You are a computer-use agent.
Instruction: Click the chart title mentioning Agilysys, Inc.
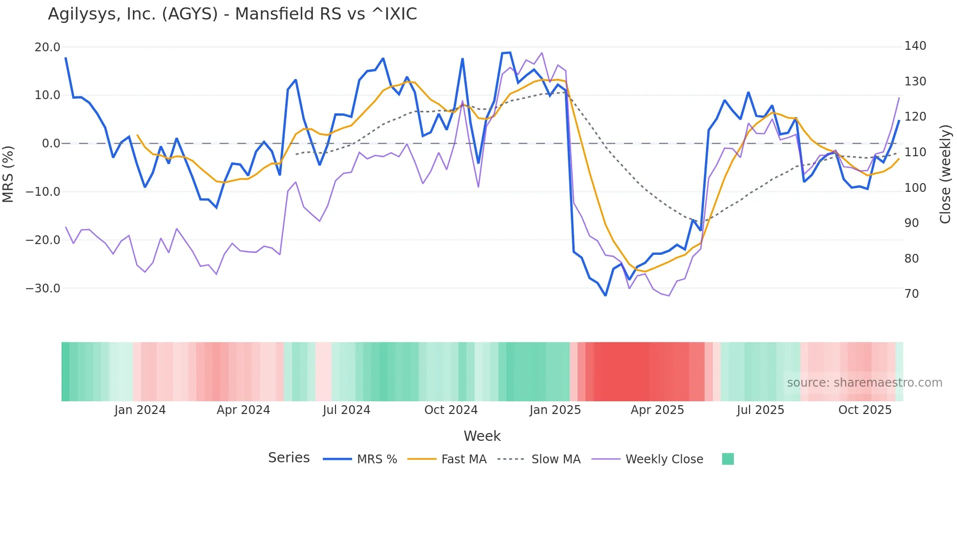pos(232,14)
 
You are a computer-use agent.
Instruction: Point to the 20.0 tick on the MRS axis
pos(47,47)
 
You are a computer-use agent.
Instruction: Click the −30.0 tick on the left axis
pos(43,289)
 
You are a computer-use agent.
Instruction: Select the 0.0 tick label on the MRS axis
pos(51,144)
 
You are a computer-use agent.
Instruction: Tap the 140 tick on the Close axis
pos(915,46)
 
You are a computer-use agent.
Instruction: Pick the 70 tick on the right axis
pos(912,294)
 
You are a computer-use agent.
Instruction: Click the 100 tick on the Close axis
pos(915,188)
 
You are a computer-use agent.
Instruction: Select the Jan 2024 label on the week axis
pos(140,410)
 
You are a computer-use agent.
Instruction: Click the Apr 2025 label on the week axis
pos(657,410)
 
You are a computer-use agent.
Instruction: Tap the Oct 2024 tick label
pos(451,410)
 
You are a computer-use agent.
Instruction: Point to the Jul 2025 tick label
pos(760,410)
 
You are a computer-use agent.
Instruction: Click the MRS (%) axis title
pos(8,174)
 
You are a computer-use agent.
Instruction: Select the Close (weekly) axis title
pos(946,174)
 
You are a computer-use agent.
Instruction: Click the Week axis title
pos(482,436)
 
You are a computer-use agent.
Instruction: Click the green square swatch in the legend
pos(728,459)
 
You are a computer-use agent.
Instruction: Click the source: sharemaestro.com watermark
pos(864,383)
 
